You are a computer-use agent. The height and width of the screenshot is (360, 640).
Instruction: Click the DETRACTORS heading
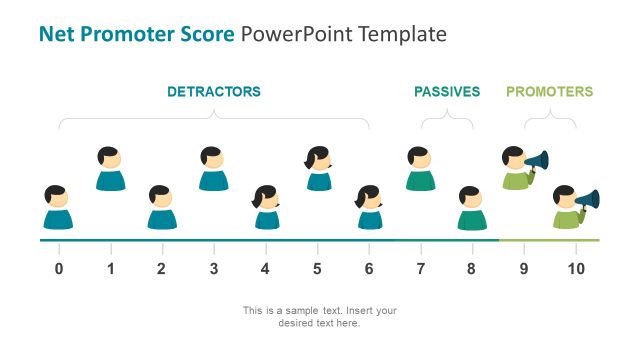213,92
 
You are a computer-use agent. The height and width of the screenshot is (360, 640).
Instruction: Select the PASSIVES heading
447,92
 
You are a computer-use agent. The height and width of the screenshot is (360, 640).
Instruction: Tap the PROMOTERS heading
549,92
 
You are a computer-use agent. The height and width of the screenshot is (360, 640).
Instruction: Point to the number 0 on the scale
59,268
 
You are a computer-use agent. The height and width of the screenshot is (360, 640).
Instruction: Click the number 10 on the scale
575,268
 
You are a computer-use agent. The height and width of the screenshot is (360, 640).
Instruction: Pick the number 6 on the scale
369,268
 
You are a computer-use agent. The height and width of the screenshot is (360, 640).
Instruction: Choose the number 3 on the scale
213,268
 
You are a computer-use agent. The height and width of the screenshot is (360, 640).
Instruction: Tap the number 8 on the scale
472,268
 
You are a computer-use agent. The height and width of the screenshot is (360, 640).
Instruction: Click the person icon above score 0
58,207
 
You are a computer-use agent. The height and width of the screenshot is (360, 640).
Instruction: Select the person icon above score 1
110,168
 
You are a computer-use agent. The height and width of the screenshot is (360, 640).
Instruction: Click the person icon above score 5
318,168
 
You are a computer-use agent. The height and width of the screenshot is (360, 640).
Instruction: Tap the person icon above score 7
420,168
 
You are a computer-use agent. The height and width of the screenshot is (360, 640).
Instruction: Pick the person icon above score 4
266,207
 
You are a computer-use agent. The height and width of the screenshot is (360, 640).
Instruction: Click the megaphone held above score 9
538,160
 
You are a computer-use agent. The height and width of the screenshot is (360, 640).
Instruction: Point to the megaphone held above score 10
589,199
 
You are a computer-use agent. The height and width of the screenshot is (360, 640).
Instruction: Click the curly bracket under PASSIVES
447,122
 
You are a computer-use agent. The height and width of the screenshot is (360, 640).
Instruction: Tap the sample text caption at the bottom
320,316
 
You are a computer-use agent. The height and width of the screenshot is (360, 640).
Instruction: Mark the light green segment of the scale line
549,240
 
